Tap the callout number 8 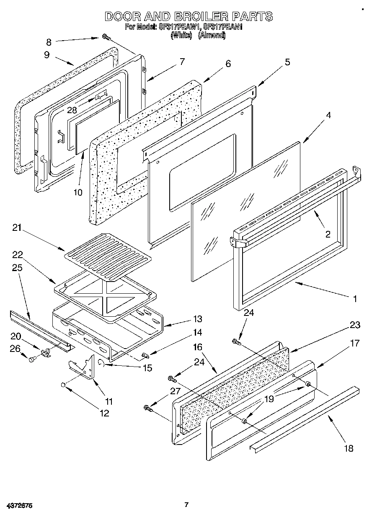tap(49, 41)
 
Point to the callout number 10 tap(78, 192)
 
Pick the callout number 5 tap(287, 62)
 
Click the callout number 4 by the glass tap(328, 116)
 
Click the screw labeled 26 tap(32, 358)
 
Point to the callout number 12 tap(104, 414)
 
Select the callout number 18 tap(348, 449)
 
